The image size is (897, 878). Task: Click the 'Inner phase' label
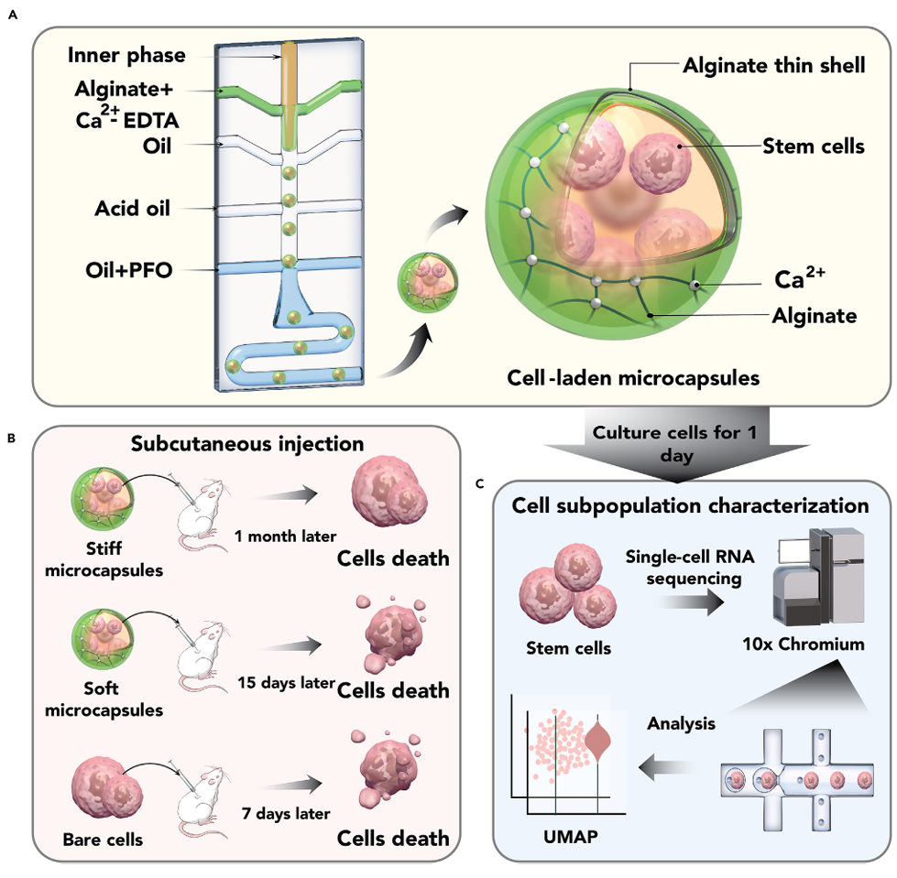[126, 55]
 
